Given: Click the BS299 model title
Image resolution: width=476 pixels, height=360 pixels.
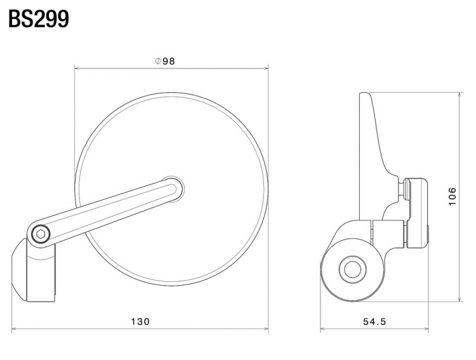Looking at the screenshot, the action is tap(39, 19).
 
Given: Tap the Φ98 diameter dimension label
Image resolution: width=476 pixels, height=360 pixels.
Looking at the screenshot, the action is tap(165, 61).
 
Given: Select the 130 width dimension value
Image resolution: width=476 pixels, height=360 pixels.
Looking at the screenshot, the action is tap(140, 321).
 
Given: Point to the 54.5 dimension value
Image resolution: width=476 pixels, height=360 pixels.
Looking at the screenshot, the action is tap(374, 321).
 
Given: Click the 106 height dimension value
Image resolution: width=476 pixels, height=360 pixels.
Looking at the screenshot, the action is tap(453, 196).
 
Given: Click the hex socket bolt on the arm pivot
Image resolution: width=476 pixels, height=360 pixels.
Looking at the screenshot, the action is tap(41, 234).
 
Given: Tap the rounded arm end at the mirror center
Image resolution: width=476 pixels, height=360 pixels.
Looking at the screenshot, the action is tap(175, 189).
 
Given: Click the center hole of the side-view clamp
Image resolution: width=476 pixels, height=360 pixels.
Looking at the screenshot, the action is tap(352, 269).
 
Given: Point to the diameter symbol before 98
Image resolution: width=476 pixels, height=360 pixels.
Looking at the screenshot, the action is tap(157, 61).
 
